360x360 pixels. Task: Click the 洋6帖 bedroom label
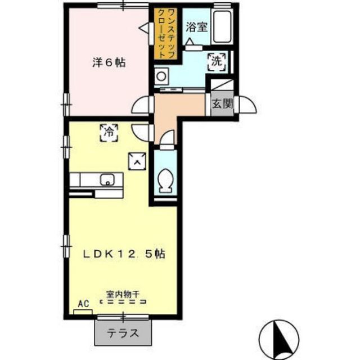pos(109,62)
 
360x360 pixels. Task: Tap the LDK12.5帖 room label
pos(124,254)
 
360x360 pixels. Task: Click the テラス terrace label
pos(123,332)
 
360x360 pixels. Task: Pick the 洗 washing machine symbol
pos(217,61)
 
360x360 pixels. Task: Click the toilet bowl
pos(165,179)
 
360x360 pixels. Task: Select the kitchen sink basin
pos(107,180)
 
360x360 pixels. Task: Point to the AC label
pos(83,304)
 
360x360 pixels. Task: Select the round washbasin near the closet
pos(163,75)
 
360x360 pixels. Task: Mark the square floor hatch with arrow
pos(137,161)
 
